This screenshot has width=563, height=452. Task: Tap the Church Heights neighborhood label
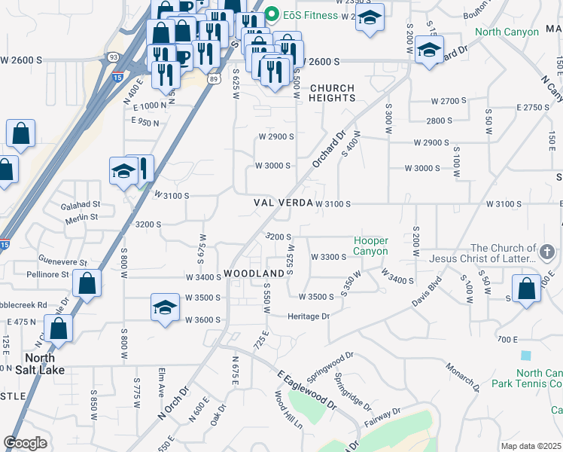(x=332, y=93)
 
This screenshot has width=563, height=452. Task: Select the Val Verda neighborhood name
(x=282, y=203)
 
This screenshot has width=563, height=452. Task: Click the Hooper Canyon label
(x=371, y=246)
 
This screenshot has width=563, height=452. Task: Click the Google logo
(x=25, y=443)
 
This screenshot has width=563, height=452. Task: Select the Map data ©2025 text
(x=531, y=446)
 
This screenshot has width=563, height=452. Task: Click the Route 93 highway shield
(x=113, y=56)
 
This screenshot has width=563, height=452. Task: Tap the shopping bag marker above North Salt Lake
(x=58, y=328)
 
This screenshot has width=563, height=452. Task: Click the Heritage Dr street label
(x=309, y=316)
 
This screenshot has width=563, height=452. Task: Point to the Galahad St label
(x=81, y=204)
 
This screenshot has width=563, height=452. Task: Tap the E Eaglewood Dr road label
(x=306, y=390)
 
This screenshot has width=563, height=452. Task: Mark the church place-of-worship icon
(x=547, y=249)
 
